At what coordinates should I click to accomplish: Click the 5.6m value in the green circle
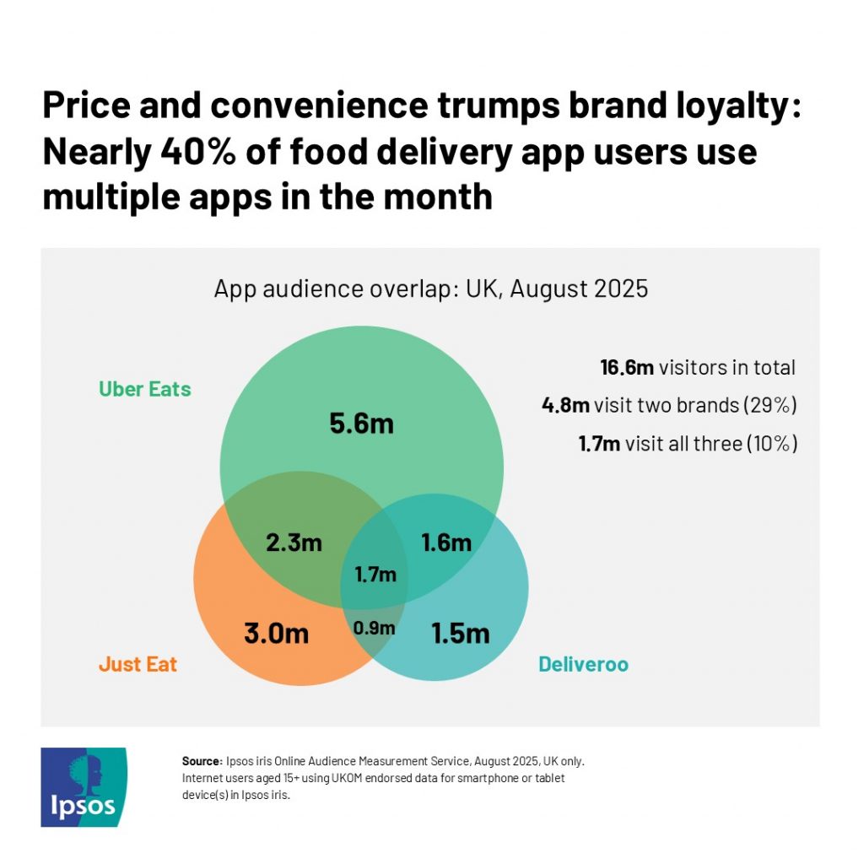point(361,423)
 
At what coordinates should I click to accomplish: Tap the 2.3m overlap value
point(294,543)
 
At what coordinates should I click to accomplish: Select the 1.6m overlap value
point(446,543)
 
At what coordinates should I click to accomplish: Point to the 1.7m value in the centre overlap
point(375,575)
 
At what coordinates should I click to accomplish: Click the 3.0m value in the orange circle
point(276,633)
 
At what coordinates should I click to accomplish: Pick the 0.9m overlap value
point(374,628)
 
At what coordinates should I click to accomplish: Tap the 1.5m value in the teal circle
point(460,633)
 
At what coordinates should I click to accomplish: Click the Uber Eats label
point(145,389)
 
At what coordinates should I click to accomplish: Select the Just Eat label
point(138,664)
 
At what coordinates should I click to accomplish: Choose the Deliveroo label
point(583,664)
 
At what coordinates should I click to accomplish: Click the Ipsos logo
point(84,786)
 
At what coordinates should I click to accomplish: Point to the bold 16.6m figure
point(627,367)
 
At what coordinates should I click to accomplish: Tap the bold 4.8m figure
point(565,405)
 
